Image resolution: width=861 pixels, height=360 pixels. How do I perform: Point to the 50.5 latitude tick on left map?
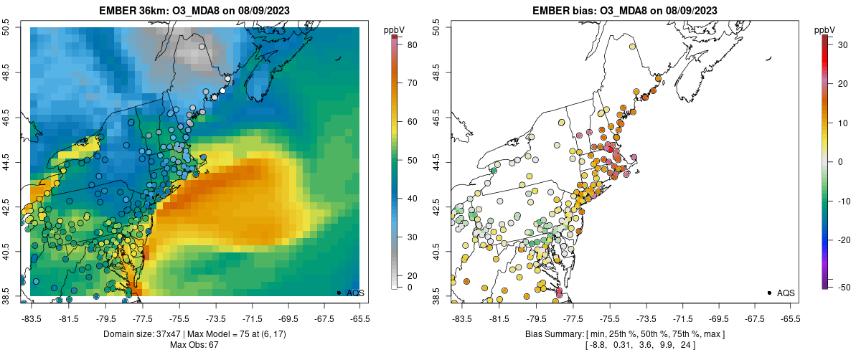click(x=6, y=27)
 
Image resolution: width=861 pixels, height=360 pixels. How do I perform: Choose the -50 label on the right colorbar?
click(x=844, y=287)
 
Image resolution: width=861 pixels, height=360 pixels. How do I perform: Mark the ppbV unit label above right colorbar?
click(x=825, y=29)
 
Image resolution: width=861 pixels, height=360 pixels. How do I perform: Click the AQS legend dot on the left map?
click(x=339, y=293)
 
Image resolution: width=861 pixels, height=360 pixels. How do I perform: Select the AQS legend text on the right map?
click(x=786, y=293)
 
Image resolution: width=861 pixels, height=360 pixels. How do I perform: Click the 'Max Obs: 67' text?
click(x=194, y=345)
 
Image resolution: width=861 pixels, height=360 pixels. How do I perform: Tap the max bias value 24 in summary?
click(x=682, y=345)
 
